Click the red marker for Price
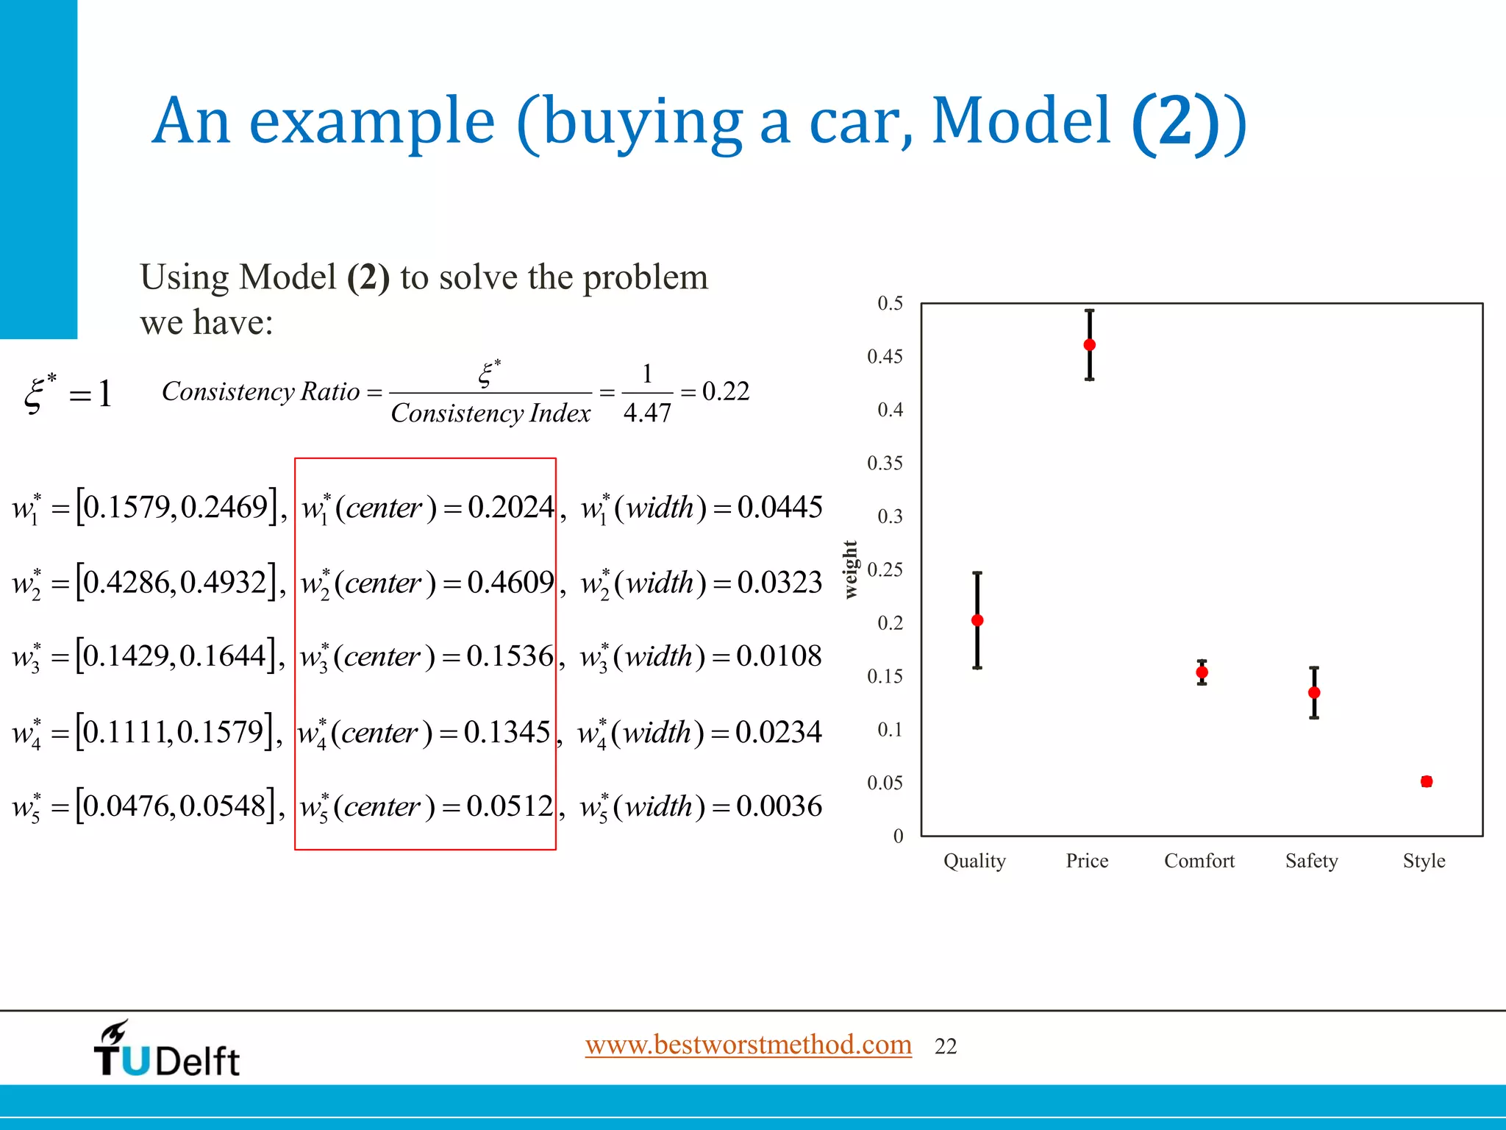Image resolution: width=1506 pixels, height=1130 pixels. coord(1090,345)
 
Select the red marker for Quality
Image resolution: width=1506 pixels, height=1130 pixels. coord(977,620)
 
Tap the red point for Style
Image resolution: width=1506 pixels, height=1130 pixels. coord(1427,781)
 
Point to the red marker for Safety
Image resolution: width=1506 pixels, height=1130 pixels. coord(1314,692)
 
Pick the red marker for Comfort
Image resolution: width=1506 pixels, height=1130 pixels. coord(1202,672)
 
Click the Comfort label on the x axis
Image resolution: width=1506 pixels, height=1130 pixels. coord(1199,861)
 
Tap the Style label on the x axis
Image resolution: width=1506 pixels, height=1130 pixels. coord(1424,861)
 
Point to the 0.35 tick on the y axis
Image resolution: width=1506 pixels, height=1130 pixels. coord(885,463)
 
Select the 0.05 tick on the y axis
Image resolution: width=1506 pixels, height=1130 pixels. coord(885,783)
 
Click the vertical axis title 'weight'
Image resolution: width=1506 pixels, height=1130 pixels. coord(851,569)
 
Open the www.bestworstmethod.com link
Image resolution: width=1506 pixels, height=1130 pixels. coord(748,1045)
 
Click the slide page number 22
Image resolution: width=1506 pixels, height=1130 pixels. coord(946,1046)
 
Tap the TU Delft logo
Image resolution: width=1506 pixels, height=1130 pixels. coord(167,1051)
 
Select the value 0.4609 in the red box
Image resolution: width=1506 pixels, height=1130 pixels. coord(510,583)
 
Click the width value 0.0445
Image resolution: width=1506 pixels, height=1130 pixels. coord(779,508)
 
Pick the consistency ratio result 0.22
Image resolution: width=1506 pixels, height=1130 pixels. coord(726,391)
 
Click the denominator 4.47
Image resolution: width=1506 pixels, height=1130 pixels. coord(647,413)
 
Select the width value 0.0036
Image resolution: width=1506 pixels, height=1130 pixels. coord(779,806)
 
